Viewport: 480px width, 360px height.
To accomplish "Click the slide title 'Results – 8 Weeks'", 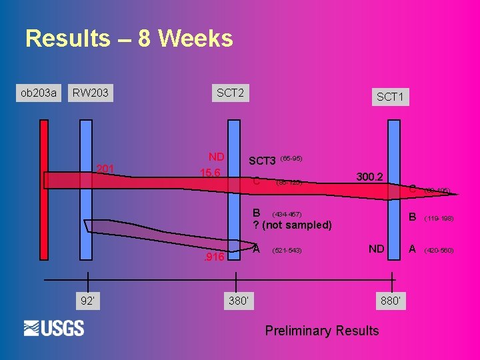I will click(x=129, y=39).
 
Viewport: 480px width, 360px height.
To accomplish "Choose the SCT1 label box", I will click(x=390, y=97).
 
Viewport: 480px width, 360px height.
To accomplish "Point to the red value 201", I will click(x=105, y=169).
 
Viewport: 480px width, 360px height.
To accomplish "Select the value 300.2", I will click(x=369, y=177).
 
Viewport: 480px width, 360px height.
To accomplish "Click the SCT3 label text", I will click(x=262, y=161).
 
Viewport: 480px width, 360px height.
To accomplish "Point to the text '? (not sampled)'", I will click(x=292, y=225).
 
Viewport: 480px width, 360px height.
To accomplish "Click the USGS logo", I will click(x=54, y=328).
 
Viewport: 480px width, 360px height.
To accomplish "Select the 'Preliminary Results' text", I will click(x=321, y=331).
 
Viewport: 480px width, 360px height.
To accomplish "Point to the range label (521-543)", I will click(x=287, y=251).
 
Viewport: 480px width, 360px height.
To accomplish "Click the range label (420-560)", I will click(x=439, y=251).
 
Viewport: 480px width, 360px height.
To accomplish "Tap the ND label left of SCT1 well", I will click(x=376, y=249).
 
